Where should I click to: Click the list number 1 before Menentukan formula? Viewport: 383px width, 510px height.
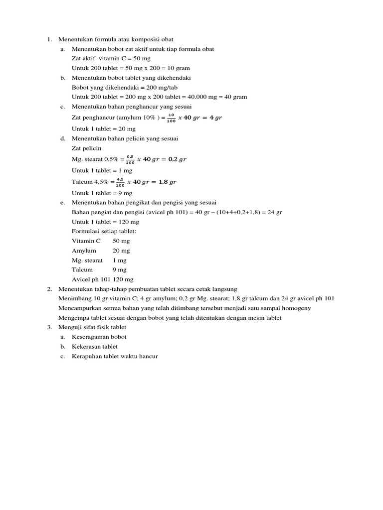point(49,39)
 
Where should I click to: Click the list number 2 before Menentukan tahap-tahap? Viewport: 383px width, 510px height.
point(49,289)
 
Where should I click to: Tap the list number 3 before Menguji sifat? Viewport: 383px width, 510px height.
point(49,327)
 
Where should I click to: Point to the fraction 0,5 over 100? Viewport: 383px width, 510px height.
point(130,159)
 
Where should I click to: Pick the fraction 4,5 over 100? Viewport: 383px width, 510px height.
point(120,182)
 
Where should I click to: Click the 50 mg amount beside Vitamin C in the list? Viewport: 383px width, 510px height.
point(121,241)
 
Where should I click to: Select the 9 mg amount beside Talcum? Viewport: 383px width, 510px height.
point(120,269)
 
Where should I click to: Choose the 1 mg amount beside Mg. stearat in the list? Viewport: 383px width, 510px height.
point(120,260)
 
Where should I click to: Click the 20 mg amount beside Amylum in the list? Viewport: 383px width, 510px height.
point(121,251)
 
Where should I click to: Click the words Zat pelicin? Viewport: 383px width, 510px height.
point(86,148)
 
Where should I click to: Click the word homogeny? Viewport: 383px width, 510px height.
point(297,308)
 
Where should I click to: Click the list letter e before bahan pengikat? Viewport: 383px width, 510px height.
point(63,203)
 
